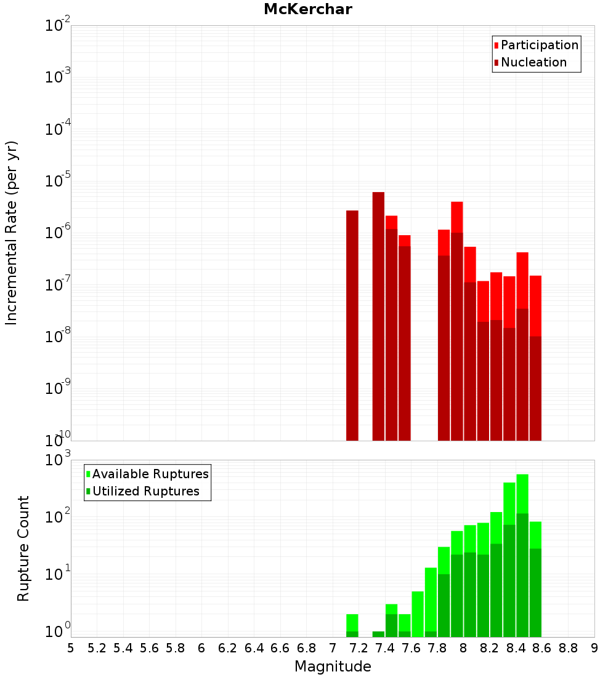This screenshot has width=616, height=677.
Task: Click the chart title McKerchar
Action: click(x=307, y=9)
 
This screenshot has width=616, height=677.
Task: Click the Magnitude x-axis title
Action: click(x=333, y=667)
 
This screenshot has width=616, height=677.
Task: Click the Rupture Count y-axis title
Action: click(x=23, y=548)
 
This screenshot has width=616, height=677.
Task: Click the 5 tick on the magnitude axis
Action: click(x=71, y=648)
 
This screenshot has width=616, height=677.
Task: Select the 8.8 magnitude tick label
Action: click(x=568, y=648)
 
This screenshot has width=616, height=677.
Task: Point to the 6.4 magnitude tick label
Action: click(x=254, y=648)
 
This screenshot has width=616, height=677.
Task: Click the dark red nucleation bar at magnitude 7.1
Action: click(x=352, y=326)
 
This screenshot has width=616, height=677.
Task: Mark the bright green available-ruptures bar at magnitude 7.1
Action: click(x=352, y=622)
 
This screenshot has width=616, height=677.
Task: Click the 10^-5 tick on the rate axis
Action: click(x=58, y=181)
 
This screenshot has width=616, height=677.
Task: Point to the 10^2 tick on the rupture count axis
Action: click(x=59, y=517)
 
